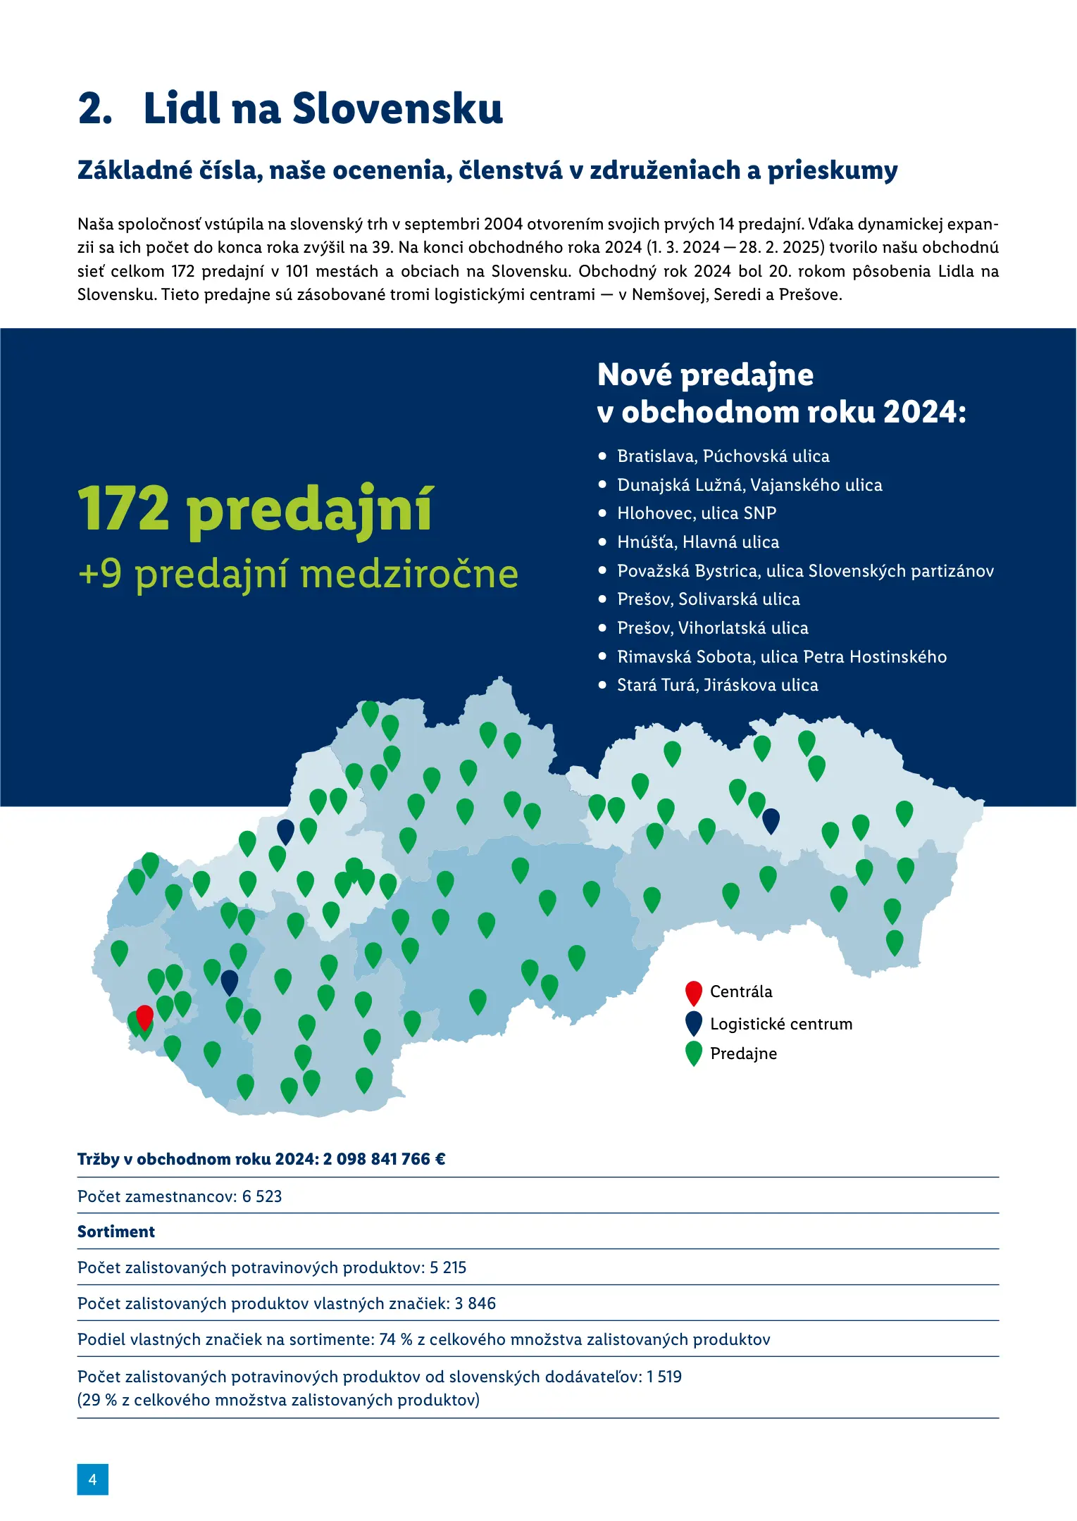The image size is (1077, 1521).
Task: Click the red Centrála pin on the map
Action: point(144,1017)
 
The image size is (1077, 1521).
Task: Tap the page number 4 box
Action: point(92,1479)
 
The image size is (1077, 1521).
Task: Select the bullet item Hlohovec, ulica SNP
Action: point(696,513)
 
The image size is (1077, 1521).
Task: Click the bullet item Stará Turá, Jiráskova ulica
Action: point(717,685)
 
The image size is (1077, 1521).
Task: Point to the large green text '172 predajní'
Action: point(255,509)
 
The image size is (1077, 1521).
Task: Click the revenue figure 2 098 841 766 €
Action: point(384,1159)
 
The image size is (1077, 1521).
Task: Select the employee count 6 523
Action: point(262,1196)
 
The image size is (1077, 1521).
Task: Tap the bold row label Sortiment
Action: point(116,1232)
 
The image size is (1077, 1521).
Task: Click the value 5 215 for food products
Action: point(448,1267)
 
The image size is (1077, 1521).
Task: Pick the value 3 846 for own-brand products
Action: point(475,1303)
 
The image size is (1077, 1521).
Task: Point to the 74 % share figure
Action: point(396,1339)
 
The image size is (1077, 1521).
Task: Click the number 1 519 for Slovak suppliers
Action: point(664,1377)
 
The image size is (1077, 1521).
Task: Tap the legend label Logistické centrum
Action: point(780,1024)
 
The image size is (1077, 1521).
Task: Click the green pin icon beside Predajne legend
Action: point(694,1053)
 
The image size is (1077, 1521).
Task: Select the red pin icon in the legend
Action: point(694,991)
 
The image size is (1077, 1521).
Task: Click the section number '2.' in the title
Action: point(95,109)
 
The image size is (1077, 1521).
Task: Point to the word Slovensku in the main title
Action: point(397,109)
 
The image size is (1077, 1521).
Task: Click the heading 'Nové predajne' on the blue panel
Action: point(705,375)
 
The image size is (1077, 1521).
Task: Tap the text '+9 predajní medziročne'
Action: point(298,574)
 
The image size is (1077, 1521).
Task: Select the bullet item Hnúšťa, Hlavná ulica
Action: point(697,542)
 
